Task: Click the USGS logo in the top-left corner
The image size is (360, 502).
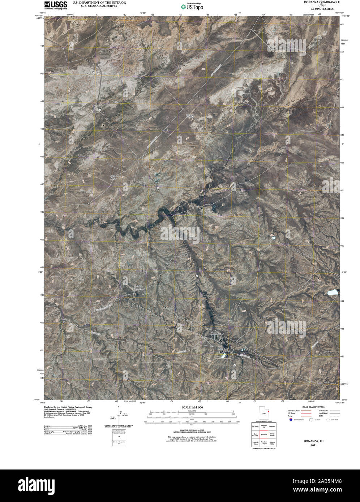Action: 56,5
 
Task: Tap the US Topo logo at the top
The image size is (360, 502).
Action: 192,7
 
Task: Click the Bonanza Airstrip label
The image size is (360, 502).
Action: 190,116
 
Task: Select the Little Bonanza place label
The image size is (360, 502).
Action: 140,287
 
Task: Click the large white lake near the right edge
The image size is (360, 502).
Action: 332,292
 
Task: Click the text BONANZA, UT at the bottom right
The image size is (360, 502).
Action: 311,441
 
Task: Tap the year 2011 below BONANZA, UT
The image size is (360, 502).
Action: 311,445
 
